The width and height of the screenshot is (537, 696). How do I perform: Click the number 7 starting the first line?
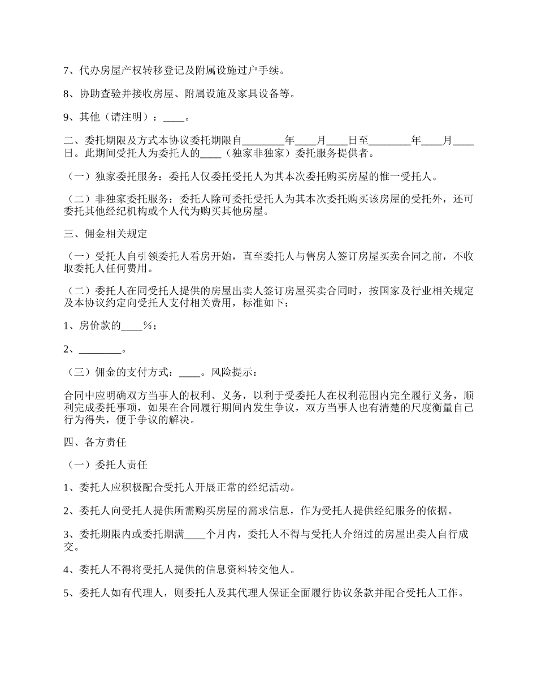point(66,71)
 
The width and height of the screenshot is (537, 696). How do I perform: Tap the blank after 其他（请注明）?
point(174,118)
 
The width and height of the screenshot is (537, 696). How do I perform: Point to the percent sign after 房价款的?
point(148,326)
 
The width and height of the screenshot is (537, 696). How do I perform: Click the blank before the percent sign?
point(133,326)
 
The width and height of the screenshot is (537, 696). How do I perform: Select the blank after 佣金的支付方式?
point(189,373)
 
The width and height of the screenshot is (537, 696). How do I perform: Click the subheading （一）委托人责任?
point(106,465)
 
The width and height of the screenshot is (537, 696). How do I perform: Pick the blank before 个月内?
point(196,535)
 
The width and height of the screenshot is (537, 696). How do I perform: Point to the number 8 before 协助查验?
point(66,94)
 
